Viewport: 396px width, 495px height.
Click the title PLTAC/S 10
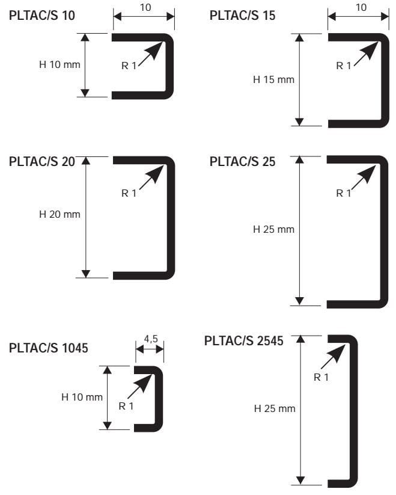coord(42,16)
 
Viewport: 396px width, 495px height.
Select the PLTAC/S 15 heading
coord(242,16)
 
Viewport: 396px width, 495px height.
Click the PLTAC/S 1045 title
coord(49,349)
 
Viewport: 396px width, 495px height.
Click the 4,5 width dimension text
coord(150,339)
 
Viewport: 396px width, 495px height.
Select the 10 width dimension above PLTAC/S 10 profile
coord(145,7)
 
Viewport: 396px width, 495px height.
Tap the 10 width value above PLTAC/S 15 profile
coord(361,7)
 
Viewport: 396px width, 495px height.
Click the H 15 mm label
coord(273,79)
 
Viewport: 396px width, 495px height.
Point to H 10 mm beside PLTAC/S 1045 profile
coord(82,397)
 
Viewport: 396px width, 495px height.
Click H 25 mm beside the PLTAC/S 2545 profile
coord(275,408)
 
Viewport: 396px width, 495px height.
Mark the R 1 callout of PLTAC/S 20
coord(129,193)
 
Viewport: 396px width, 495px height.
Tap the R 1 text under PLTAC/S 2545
coord(321,377)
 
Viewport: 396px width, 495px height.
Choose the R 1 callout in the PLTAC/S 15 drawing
coord(344,66)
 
